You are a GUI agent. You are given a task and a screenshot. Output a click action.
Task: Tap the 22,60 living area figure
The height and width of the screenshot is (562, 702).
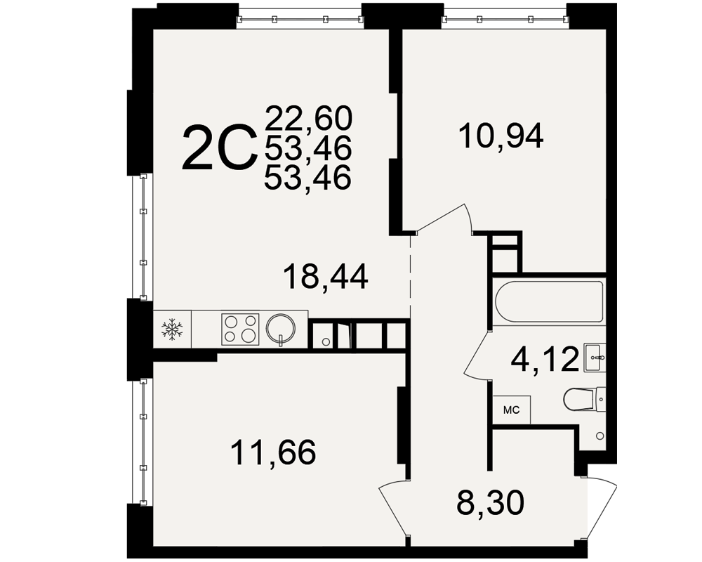tap(308, 118)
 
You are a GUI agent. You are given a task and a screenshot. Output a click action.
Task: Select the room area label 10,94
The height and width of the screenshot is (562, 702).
tap(501, 136)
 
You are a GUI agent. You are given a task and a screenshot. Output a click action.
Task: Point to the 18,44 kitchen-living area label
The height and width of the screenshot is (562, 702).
tap(326, 276)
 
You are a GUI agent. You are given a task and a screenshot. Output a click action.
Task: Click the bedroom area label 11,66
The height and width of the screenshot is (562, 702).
tap(273, 452)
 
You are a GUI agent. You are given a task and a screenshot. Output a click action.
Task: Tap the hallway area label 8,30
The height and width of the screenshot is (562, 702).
tap(490, 502)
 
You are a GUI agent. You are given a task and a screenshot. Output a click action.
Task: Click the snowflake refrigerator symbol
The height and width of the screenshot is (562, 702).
tap(173, 329)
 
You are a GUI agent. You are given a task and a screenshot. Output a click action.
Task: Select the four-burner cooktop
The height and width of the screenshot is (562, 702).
tap(240, 329)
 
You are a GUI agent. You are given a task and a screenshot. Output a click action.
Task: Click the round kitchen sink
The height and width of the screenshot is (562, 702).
tap(281, 329)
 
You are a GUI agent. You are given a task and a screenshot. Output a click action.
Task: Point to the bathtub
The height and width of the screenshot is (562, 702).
tap(549, 301)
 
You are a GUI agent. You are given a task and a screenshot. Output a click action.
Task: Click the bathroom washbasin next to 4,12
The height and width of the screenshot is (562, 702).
tap(595, 357)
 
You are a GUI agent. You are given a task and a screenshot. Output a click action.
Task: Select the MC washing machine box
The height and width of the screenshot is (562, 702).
tap(512, 410)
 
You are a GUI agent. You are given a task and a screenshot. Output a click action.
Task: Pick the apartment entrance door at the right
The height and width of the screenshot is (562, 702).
tap(601, 509)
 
